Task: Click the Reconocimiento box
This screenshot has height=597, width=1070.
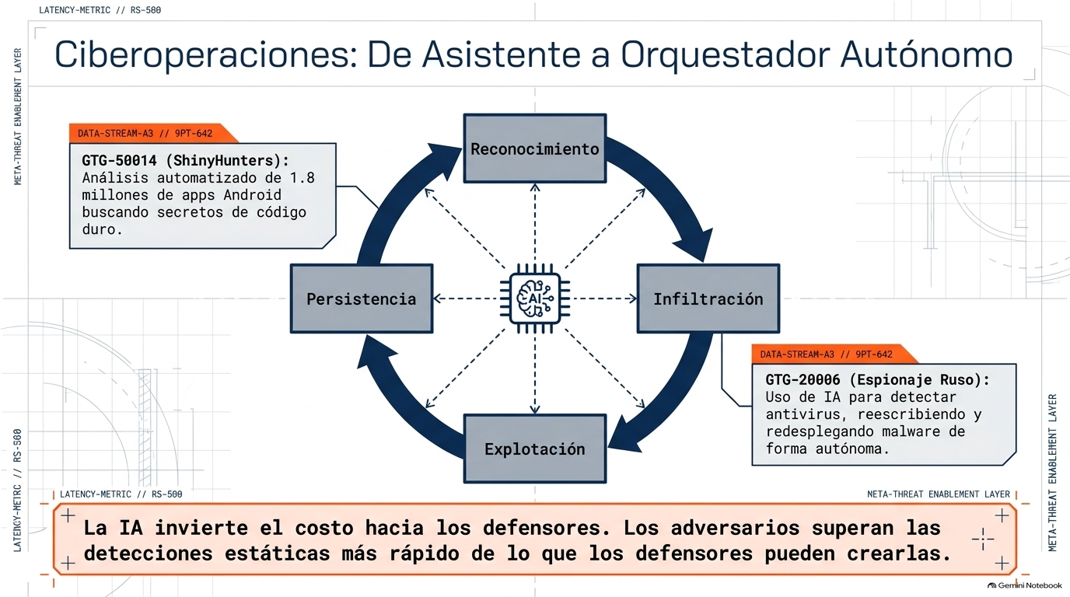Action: pos(535,148)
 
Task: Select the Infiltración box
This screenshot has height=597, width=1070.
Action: pos(708,298)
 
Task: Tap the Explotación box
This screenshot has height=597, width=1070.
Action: pos(535,449)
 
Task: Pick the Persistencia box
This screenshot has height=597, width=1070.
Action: pos(362,298)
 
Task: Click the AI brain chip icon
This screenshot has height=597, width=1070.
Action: pos(535,298)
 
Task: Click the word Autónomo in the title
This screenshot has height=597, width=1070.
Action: pos(926,54)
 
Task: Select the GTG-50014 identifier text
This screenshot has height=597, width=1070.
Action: pos(119,160)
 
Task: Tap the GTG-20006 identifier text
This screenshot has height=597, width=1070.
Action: pos(802,379)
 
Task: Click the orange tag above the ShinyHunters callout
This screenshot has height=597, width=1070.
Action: pos(153,133)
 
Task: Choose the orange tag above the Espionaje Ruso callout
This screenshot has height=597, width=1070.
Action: pos(834,354)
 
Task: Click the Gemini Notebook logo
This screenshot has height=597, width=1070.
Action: pos(1025,585)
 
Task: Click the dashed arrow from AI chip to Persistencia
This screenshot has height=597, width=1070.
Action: pos(467,298)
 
